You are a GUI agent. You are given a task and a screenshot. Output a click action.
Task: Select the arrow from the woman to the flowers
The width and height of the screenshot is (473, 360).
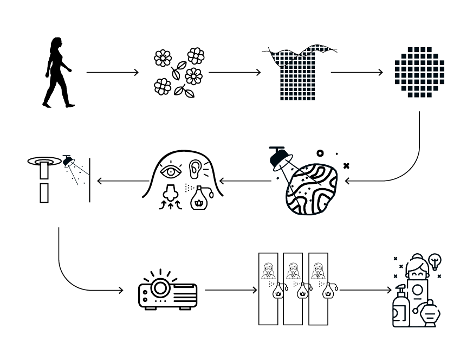point(112,72)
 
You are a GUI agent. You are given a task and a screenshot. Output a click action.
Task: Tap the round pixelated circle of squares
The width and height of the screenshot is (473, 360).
point(419,73)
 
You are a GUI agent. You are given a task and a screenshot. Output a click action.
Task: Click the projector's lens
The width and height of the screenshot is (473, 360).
point(159,287)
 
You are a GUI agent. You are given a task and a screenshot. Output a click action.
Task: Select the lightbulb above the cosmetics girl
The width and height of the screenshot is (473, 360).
point(435,261)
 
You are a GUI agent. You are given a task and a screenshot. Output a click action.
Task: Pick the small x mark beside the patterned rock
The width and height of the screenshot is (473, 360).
point(346,165)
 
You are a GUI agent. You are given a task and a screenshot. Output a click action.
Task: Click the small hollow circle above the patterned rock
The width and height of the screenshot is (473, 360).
point(320,154)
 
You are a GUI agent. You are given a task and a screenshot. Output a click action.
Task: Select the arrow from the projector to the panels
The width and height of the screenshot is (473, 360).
point(230,290)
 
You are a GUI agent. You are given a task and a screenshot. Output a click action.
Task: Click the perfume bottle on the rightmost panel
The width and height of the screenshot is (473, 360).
point(327,292)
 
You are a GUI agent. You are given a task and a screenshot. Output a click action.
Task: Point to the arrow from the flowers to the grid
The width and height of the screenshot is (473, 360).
point(234,72)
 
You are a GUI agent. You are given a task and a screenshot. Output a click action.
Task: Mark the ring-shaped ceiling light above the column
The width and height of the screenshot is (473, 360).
point(44,161)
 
